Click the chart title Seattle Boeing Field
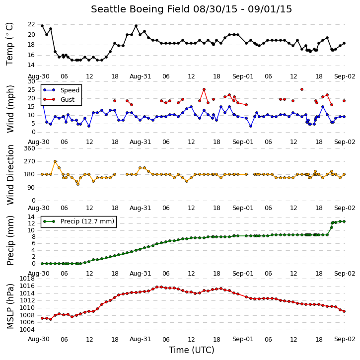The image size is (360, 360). (x=141, y=9)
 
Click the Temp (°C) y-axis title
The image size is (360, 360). (x=9, y=44)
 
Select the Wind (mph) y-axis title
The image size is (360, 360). (x=10, y=109)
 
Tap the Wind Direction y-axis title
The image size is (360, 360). (x=10, y=175)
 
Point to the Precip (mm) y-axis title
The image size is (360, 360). (x=10, y=240)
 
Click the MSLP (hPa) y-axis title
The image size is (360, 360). (x=10, y=306)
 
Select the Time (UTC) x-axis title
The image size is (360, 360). (x=192, y=350)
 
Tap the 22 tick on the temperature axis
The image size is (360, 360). (x=31, y=24)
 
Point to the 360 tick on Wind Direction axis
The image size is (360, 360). (x=29, y=148)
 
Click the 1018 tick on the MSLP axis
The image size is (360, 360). (x=27, y=279)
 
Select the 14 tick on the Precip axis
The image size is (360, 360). (x=31, y=217)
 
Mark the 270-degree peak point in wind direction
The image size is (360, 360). (x=55, y=161)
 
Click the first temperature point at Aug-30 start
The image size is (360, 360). (x=42, y=26)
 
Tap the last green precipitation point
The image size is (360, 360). (x=344, y=221)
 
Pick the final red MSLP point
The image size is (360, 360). (x=344, y=311)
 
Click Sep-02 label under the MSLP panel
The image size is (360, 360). (x=345, y=339)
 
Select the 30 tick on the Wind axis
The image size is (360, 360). (x=31, y=81)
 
